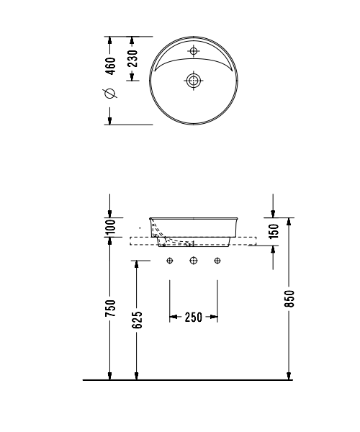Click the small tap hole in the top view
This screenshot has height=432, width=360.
pyautogui.click(x=194, y=51)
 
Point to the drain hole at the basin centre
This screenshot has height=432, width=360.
pyautogui.click(x=194, y=81)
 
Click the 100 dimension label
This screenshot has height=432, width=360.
pyautogui.click(x=110, y=228)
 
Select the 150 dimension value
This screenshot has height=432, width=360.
pyautogui.click(x=274, y=231)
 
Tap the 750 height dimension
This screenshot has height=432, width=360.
pyautogui.click(x=110, y=308)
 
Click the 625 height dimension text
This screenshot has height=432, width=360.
pyautogui.click(x=136, y=318)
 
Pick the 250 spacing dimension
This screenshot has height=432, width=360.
pyautogui.click(x=193, y=317)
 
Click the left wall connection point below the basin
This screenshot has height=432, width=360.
pyautogui.click(x=170, y=261)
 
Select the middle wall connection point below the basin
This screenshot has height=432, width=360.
pyautogui.click(x=194, y=261)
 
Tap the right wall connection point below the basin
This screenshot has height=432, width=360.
pyautogui.click(x=217, y=261)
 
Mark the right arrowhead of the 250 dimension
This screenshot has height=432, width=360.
pyautogui.click(x=214, y=317)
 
